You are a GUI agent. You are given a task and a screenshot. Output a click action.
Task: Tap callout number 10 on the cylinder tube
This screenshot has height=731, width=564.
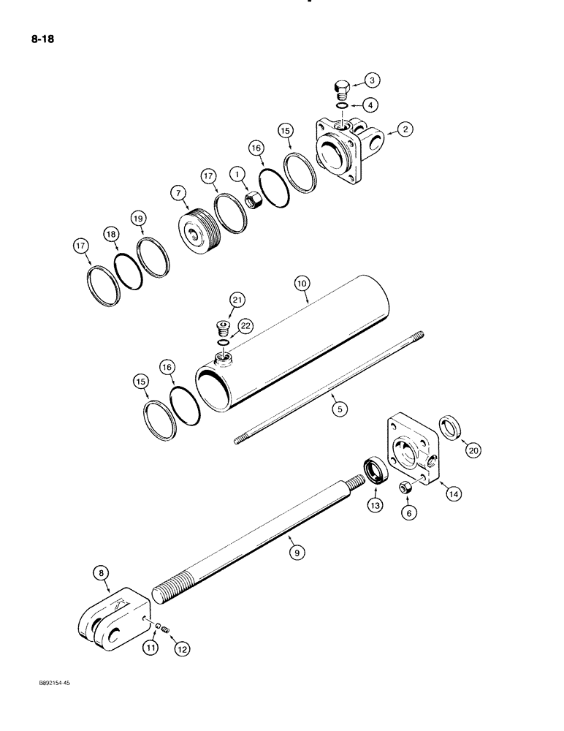coord(301,281)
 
